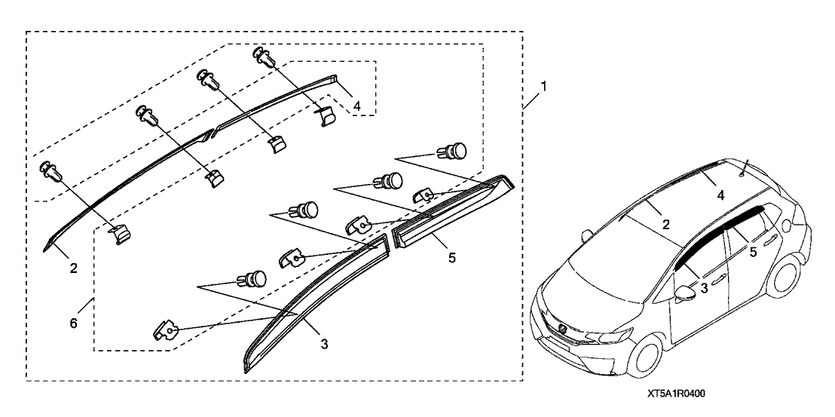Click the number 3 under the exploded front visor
323,345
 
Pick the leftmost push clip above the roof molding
52,172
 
